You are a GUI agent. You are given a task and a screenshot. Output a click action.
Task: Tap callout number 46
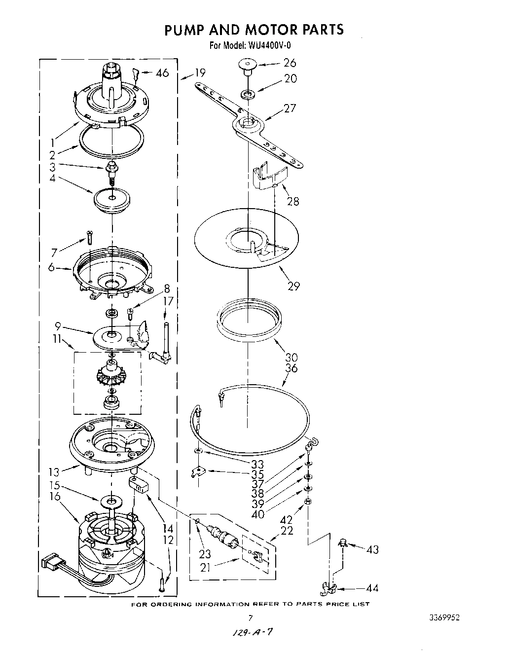(x=162, y=73)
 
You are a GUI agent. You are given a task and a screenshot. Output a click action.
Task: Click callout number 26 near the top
(x=290, y=63)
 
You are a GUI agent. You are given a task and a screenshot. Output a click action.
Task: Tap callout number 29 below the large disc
(x=293, y=286)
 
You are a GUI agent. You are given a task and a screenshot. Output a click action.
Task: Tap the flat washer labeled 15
(x=112, y=502)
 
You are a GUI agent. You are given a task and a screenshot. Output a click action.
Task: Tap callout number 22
(x=287, y=531)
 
